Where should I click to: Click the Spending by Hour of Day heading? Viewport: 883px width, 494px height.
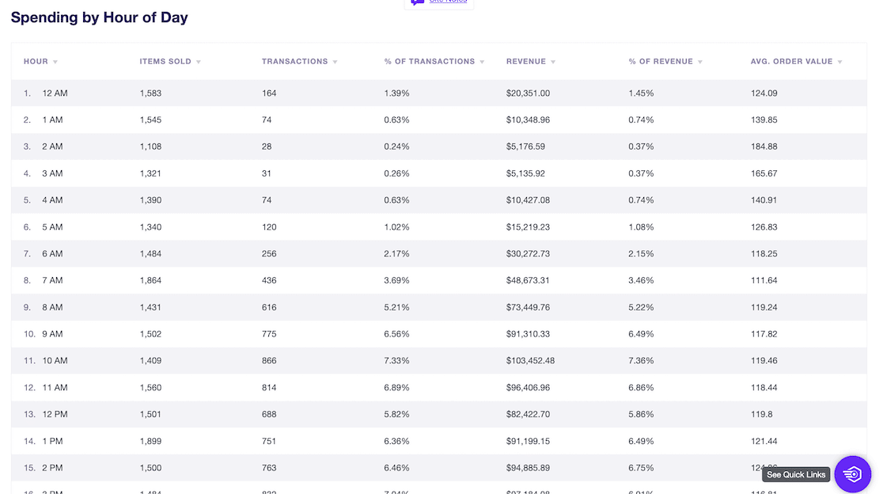pyautogui.click(x=100, y=17)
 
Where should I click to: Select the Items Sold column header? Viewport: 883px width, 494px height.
pyautogui.click(x=165, y=61)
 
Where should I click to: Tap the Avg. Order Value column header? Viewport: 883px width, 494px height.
pyautogui.click(x=791, y=61)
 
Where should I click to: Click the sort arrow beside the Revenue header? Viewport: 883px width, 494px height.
pyautogui.click(x=553, y=62)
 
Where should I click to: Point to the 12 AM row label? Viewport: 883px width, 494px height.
pyautogui.click(x=55, y=93)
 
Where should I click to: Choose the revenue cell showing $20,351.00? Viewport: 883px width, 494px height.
pyautogui.click(x=528, y=93)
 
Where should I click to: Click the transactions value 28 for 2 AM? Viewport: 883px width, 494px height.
pyautogui.click(x=267, y=146)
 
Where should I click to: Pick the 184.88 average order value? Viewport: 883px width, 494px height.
pyautogui.click(x=764, y=146)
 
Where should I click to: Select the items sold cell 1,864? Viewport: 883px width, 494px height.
pyautogui.click(x=150, y=280)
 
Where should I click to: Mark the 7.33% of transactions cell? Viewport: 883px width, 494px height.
pyautogui.click(x=396, y=360)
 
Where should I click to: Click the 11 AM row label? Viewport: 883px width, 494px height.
pyautogui.click(x=55, y=387)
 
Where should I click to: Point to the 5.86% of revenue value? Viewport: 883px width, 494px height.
pyautogui.click(x=641, y=414)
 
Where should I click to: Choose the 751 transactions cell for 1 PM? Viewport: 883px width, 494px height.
pyautogui.click(x=269, y=441)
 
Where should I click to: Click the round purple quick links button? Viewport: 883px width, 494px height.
pyautogui.click(x=852, y=474)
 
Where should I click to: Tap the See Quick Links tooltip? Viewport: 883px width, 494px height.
pyautogui.click(x=796, y=475)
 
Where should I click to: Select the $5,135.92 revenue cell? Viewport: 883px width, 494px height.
pyautogui.click(x=525, y=173)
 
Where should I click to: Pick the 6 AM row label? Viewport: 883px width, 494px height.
pyautogui.click(x=52, y=253)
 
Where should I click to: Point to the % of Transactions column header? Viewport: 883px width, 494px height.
pyautogui.click(x=430, y=61)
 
